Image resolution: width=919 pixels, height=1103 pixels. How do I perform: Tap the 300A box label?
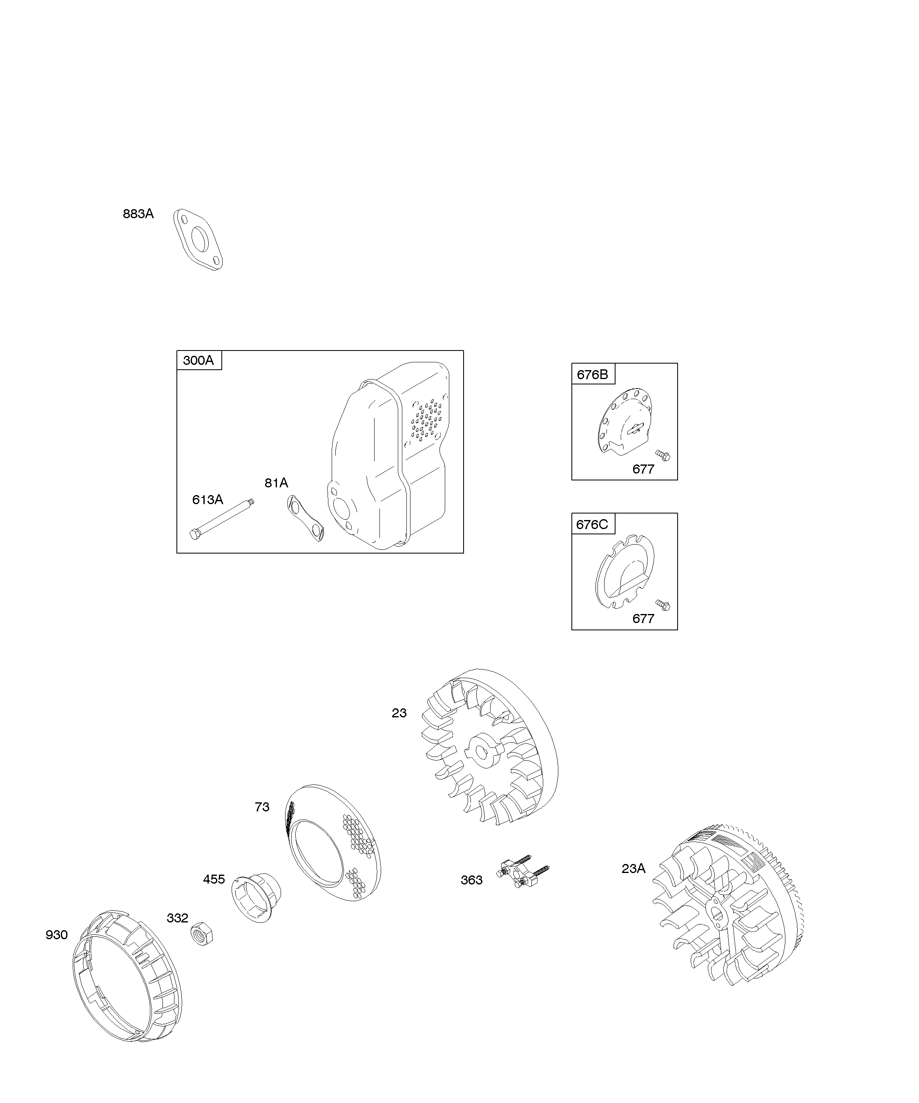click(199, 360)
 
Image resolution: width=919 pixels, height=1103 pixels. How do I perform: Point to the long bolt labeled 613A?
click(222, 519)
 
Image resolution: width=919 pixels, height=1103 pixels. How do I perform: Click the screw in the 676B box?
click(663, 455)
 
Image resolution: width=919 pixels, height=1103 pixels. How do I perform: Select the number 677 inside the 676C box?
click(643, 619)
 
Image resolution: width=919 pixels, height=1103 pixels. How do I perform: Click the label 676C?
click(592, 524)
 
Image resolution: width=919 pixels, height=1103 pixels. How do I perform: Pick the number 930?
click(57, 935)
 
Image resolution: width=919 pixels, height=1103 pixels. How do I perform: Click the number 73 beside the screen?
click(262, 807)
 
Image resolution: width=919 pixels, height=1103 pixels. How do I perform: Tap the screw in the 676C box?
click(663, 605)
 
